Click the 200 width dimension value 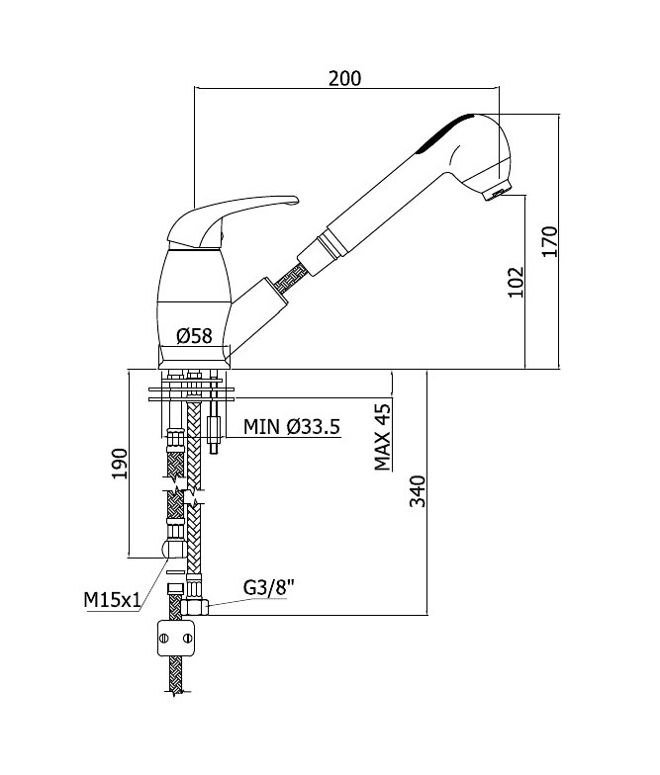(344, 78)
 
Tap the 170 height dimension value (550, 241)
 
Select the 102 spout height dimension (516, 282)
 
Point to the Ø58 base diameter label (194, 336)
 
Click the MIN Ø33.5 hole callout (292, 426)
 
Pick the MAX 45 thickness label (382, 437)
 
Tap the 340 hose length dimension (418, 491)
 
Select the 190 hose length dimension (120, 464)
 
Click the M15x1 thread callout (113, 600)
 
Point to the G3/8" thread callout (269, 587)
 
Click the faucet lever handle (233, 221)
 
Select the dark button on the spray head (445, 132)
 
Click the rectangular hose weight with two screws (176, 639)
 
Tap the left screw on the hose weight (164, 639)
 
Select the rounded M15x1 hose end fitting (174, 548)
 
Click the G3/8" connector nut (195, 607)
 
